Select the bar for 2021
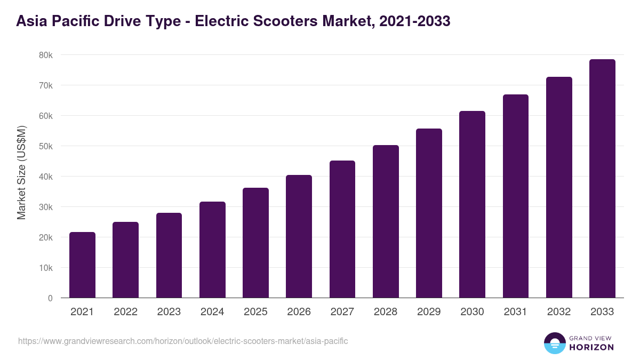pos(82,265)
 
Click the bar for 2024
pos(212,250)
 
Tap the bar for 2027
pos(342,229)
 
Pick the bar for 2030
pos(472,204)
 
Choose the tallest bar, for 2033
pos(602,179)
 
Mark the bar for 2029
pos(429,213)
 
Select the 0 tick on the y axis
pos(50,298)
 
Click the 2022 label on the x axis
pos(125,312)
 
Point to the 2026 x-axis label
pos(299,312)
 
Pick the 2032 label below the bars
pos(559,312)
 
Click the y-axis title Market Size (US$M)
pos(22,172)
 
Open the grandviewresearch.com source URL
pos(183,341)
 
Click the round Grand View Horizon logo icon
pos(554,343)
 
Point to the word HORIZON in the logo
pos(591,347)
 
